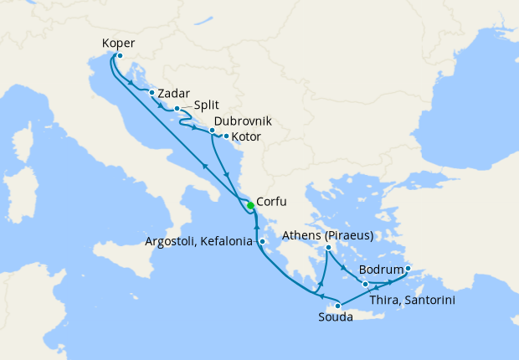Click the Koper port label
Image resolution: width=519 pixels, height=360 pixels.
coord(118,44)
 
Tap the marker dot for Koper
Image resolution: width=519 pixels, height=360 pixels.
coord(119,56)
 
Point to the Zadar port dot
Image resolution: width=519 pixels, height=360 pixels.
coord(152,93)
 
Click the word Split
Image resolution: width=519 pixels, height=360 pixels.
coord(207,106)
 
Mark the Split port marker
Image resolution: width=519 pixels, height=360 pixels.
coord(177,109)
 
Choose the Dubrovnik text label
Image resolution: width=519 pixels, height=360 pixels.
coord(243,121)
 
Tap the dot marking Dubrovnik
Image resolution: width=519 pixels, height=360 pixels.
coord(213,131)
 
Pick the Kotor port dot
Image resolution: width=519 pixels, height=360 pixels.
coord(226,136)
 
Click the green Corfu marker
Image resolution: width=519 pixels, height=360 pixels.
coord(250,205)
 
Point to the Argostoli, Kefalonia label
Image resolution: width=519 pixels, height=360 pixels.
coord(198,243)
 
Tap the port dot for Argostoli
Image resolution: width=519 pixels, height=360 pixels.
coord(262,243)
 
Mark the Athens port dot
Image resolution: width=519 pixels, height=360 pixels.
coord(329,248)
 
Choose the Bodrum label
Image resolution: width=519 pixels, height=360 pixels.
coord(381,270)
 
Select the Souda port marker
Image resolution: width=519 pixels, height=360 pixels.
coord(337,306)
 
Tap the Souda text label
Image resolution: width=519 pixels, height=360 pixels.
coord(336,318)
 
